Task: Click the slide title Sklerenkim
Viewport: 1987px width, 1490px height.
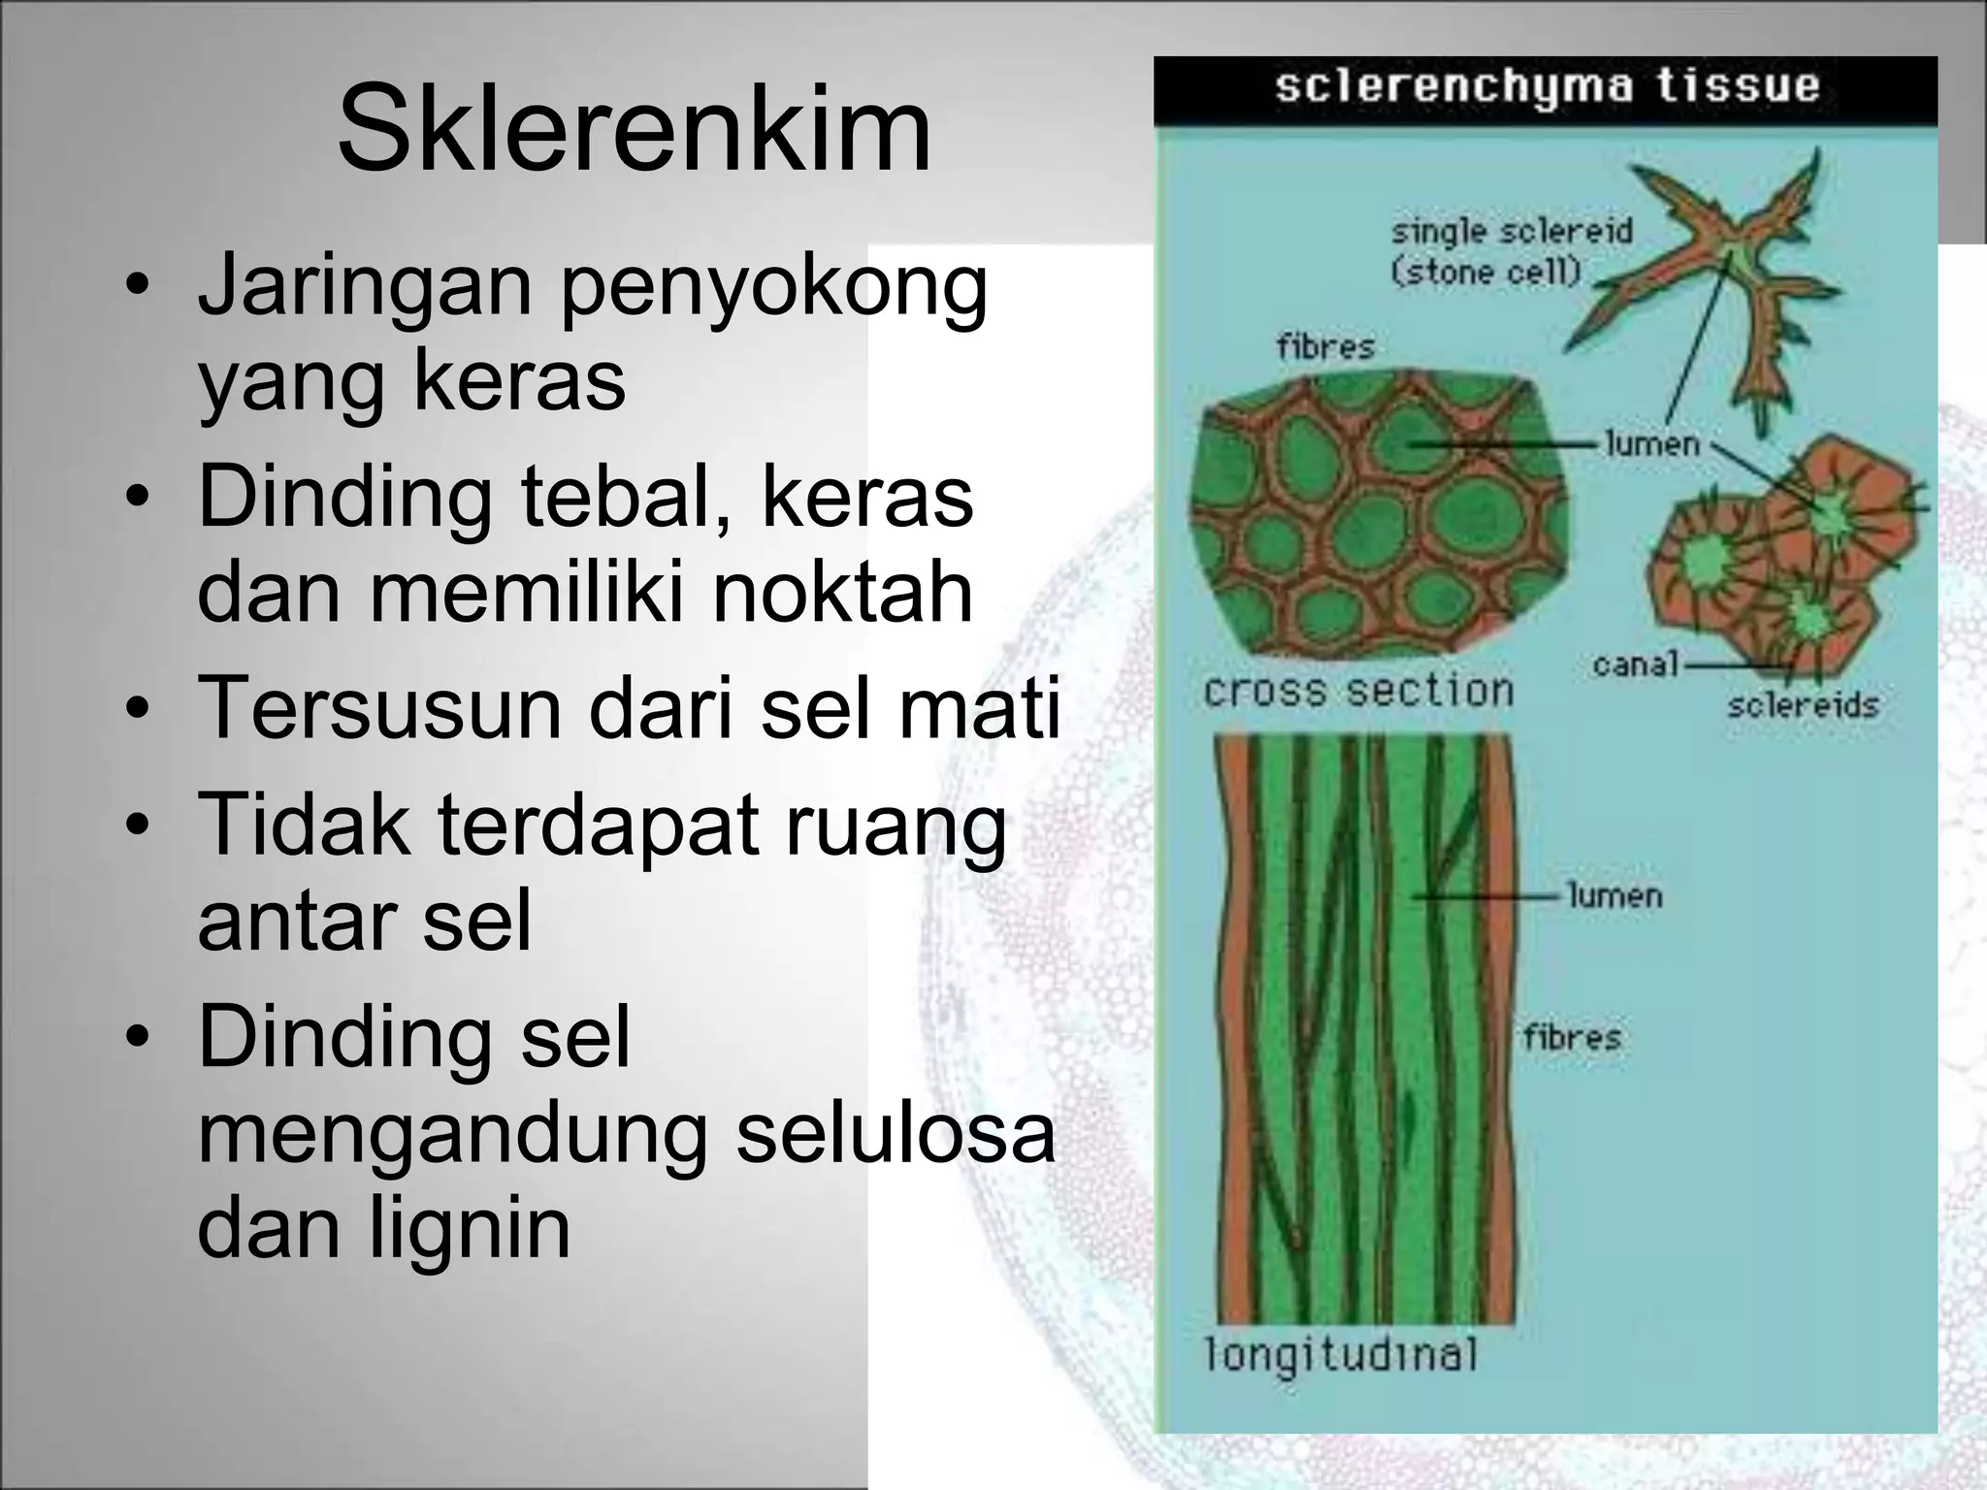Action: [634, 129]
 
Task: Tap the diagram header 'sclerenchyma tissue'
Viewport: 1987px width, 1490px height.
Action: [1547, 86]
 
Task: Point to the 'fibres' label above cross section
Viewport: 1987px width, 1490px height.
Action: [1325, 346]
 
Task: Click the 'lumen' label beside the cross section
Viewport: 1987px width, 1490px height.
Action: [1652, 444]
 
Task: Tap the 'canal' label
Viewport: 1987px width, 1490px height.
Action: [1635, 664]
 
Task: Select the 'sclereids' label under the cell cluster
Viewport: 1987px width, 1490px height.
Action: [1803, 705]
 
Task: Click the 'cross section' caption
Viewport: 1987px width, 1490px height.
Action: [1357, 691]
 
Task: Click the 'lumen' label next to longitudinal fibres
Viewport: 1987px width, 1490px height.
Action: [1615, 894]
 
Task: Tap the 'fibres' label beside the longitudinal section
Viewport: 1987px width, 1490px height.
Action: [1572, 1037]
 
